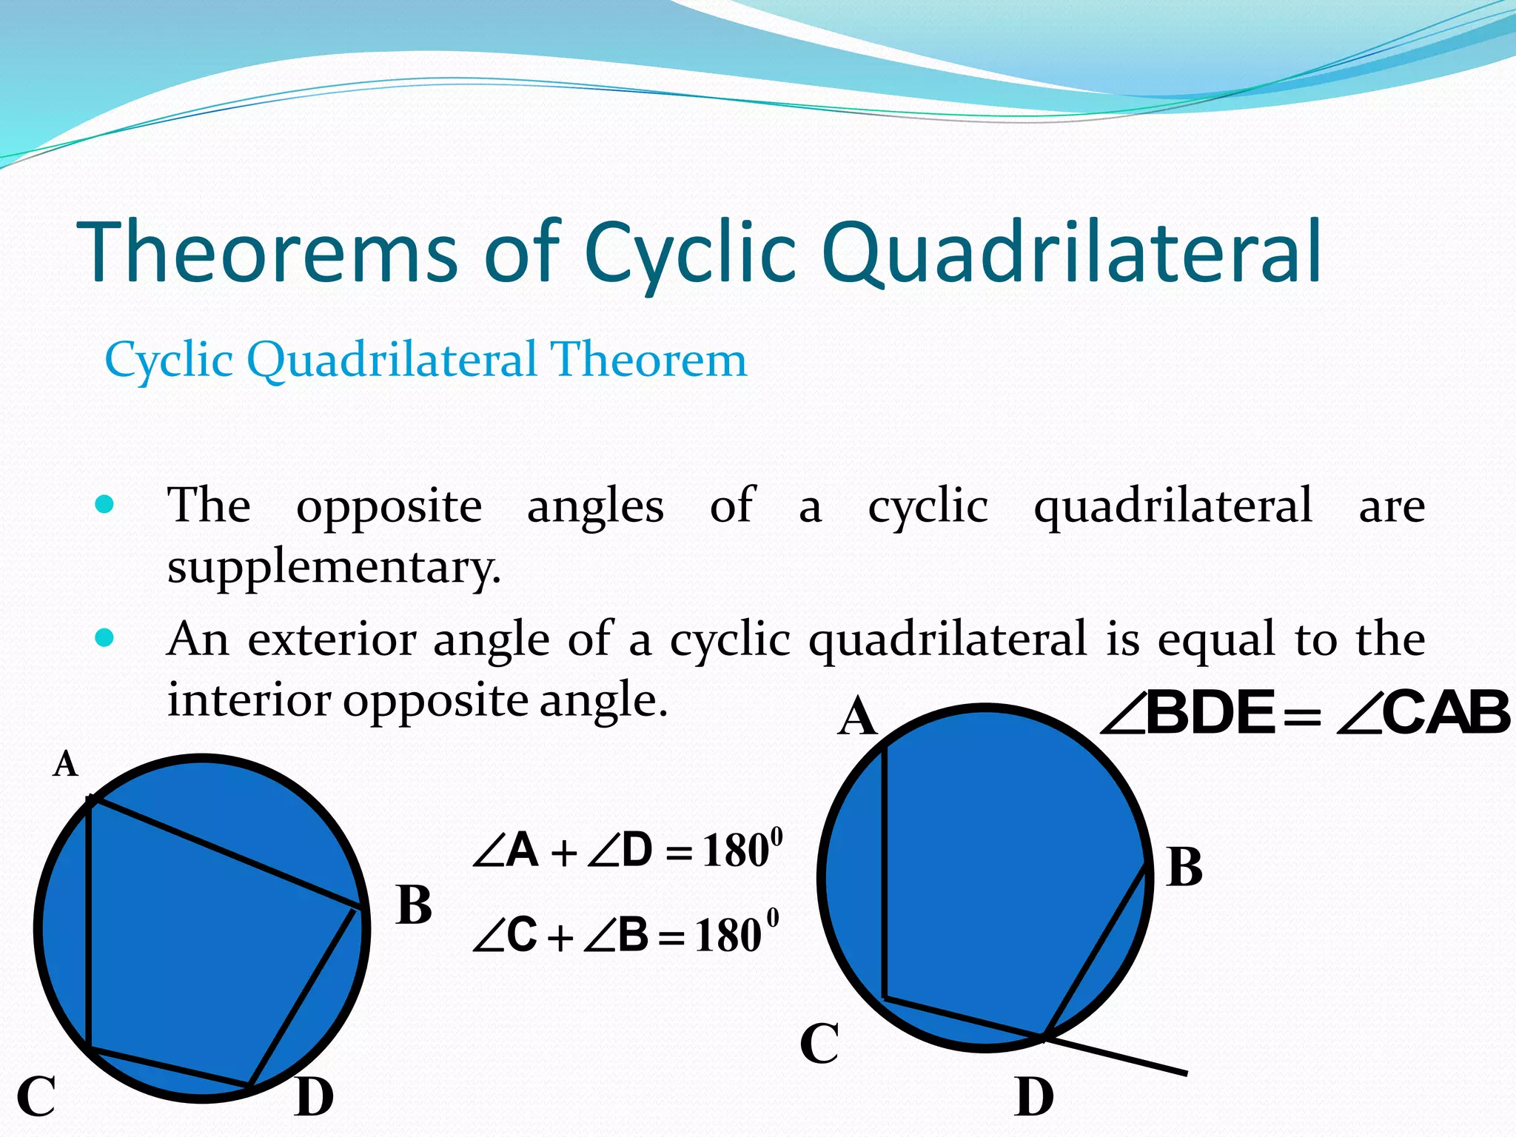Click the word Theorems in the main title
click(x=267, y=253)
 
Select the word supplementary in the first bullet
click(x=334, y=568)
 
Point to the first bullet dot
click(x=105, y=505)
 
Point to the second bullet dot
click(x=105, y=637)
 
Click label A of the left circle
click(x=65, y=764)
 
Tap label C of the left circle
click(x=36, y=1096)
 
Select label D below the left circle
click(x=314, y=1097)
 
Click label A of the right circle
click(x=857, y=717)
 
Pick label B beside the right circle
click(x=1184, y=867)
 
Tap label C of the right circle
click(x=819, y=1043)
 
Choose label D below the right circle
click(x=1034, y=1097)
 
